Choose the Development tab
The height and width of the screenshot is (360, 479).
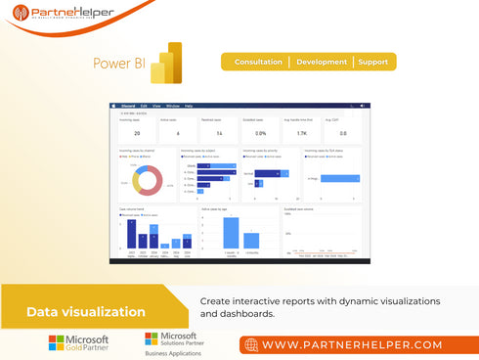pos(322,62)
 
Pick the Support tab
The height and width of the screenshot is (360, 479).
pos(373,62)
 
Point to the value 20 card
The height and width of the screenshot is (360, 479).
pos(137,132)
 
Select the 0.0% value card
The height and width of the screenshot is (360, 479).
pos(261,132)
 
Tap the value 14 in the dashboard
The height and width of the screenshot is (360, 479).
pos(219,132)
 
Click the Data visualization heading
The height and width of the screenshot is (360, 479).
pos(86,312)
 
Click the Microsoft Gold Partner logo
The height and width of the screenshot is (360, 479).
pos(79,343)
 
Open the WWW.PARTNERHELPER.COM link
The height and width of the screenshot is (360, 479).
pos(352,345)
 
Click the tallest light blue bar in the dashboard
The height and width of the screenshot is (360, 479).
pos(231,232)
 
